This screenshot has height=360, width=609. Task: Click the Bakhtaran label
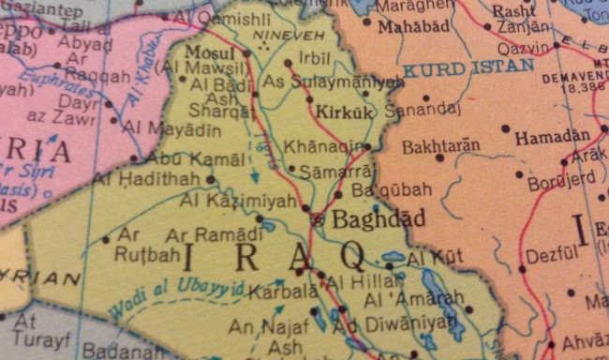tap(440, 146)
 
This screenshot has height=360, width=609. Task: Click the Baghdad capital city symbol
tap(317, 219)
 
